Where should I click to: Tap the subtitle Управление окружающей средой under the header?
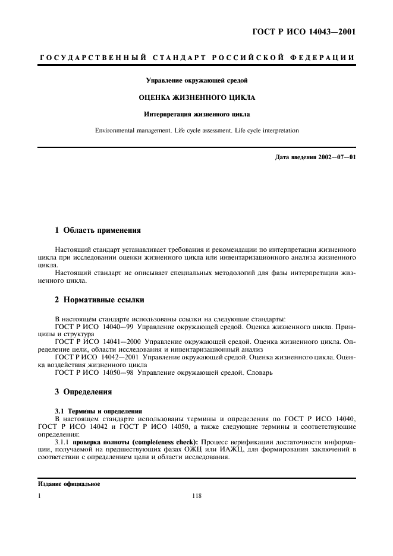pos(196,79)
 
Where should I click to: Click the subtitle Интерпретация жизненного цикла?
pos(196,113)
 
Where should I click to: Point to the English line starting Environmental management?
pos(196,129)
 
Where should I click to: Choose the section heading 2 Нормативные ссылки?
pos(95,299)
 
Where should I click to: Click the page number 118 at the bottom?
pos(197,497)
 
